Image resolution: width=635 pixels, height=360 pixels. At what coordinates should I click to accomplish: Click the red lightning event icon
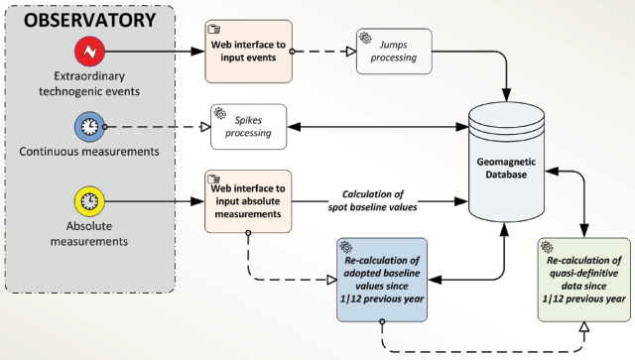pos(89,52)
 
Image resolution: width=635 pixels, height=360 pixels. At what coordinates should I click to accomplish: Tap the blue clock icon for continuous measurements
pos(89,127)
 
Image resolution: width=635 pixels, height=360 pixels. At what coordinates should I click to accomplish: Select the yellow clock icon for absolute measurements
pos(89,201)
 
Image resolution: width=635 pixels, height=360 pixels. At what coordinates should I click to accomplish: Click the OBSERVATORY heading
pos(89,20)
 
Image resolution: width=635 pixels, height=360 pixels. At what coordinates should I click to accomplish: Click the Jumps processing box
pos(394,52)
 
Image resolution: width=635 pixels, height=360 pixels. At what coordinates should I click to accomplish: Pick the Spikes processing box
pos(249,127)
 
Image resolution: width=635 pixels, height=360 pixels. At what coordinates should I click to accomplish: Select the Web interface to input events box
pos(249,52)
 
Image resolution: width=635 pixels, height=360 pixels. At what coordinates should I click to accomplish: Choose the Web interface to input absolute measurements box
pos(248,201)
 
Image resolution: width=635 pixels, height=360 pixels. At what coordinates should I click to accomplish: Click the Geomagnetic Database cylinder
pos(506,162)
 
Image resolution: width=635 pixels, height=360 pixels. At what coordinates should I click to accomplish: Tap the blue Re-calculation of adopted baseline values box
pos(382,280)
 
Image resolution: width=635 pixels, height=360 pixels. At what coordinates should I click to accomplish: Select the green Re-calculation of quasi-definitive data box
pos(584,280)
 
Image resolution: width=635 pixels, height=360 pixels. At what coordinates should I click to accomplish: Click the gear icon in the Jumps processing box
pos(366,38)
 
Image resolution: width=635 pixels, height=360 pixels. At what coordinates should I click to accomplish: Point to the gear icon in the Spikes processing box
pos(220,113)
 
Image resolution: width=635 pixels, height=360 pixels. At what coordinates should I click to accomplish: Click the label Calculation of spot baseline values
pos(373,200)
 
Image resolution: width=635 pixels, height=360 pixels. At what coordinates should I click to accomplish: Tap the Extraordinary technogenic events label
pos(89,84)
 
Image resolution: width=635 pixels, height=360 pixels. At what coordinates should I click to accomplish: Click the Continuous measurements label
pos(89,152)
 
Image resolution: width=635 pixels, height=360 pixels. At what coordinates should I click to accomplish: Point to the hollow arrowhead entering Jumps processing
pos(351,52)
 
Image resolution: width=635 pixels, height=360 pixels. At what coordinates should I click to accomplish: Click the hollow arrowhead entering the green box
pos(584,327)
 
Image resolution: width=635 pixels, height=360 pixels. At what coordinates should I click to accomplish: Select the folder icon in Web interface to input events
pos(214,29)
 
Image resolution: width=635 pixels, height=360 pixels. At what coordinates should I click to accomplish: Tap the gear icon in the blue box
pos(346,247)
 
